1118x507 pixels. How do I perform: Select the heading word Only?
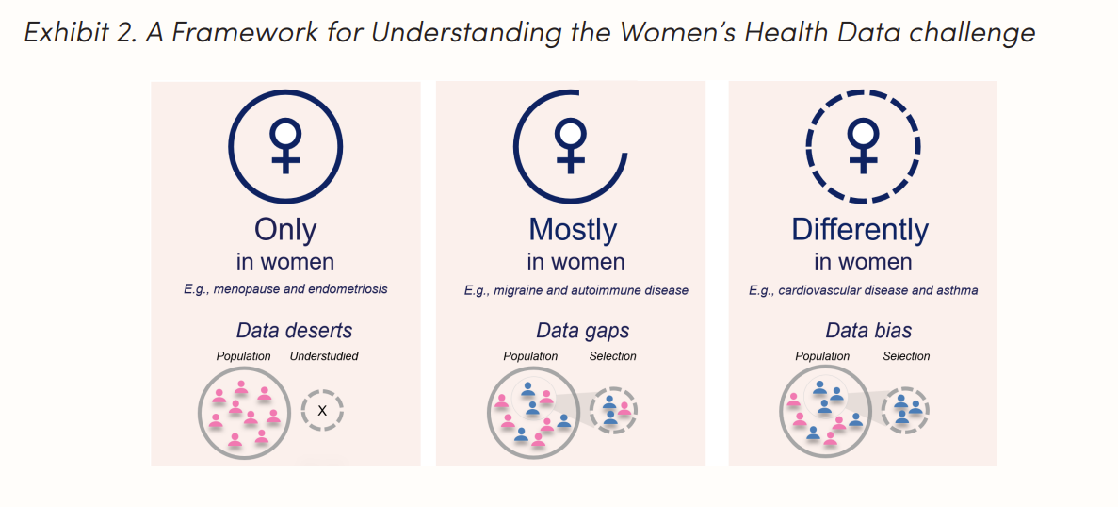285,230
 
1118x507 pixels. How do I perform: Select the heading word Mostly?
573,230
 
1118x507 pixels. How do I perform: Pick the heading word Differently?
860,230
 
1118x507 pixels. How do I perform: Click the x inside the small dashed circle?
322,410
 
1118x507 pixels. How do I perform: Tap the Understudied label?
324,356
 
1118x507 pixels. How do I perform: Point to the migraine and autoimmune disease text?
575,290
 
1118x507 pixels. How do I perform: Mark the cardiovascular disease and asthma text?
863,290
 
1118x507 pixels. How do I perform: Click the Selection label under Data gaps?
612,356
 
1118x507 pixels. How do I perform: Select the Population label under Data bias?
822,356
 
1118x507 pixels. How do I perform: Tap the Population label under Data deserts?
243,356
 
